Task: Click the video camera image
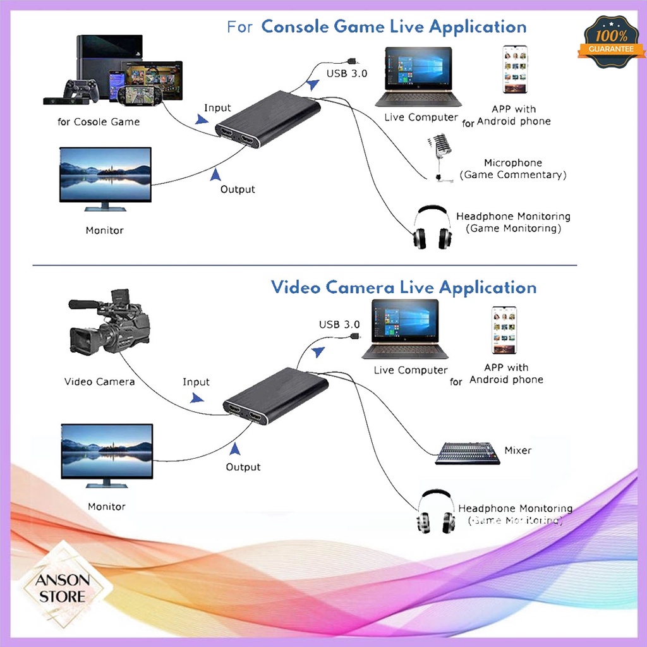109,322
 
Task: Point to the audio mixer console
467,453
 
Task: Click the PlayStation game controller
80,89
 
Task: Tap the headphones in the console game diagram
432,227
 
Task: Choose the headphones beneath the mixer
435,511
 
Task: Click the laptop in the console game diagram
418,77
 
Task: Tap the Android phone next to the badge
514,69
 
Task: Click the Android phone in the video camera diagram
504,330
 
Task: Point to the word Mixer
517,450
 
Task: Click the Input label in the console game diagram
217,108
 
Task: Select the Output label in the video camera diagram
243,467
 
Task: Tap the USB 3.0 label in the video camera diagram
339,325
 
